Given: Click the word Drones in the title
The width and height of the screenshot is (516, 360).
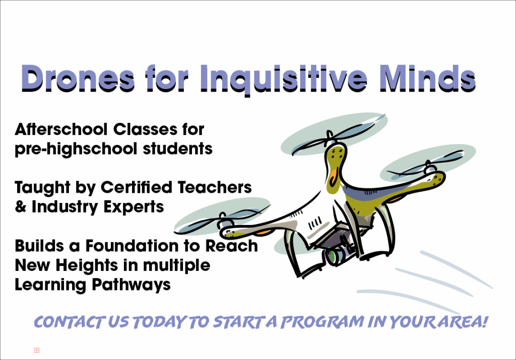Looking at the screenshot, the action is (x=78, y=78).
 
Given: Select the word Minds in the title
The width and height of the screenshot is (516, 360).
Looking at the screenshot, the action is (x=428, y=78).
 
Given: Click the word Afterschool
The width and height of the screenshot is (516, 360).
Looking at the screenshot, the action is (x=61, y=129).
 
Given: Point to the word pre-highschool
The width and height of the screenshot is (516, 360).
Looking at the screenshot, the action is (x=76, y=149).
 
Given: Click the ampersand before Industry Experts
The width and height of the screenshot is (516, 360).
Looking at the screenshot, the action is (x=20, y=206).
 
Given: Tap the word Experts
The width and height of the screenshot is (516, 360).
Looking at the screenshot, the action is (x=134, y=207).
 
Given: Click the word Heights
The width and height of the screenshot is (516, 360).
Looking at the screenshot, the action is (x=87, y=265).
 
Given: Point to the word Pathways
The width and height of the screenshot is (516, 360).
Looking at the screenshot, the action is (x=132, y=285).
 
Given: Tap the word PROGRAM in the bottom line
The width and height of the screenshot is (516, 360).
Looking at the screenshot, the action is (x=322, y=322).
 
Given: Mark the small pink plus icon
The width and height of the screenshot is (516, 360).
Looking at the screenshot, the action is (x=37, y=350).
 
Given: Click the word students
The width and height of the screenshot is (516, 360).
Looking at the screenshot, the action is (x=178, y=149).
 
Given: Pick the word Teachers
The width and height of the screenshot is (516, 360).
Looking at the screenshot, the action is (x=215, y=187).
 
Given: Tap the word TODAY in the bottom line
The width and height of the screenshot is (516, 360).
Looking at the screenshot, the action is (x=160, y=322).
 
